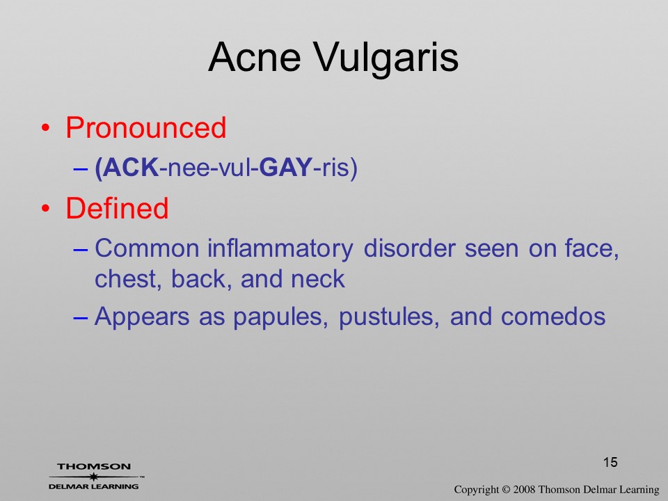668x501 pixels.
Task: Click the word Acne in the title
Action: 255,57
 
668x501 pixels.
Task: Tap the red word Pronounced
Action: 145,127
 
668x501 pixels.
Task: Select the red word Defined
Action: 117,208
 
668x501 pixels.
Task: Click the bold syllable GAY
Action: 286,167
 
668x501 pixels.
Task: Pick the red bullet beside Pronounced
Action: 46,128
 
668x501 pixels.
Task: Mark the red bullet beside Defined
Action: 46,208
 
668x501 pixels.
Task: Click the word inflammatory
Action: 280,249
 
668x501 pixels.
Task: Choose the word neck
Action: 318,279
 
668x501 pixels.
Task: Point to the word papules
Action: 280,318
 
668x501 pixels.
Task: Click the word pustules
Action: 389,318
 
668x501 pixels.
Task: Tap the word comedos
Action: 553,317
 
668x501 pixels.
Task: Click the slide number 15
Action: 610,462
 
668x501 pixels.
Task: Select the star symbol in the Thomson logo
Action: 94,477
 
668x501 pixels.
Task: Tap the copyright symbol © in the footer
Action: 505,490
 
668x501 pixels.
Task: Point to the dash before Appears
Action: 81,318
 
